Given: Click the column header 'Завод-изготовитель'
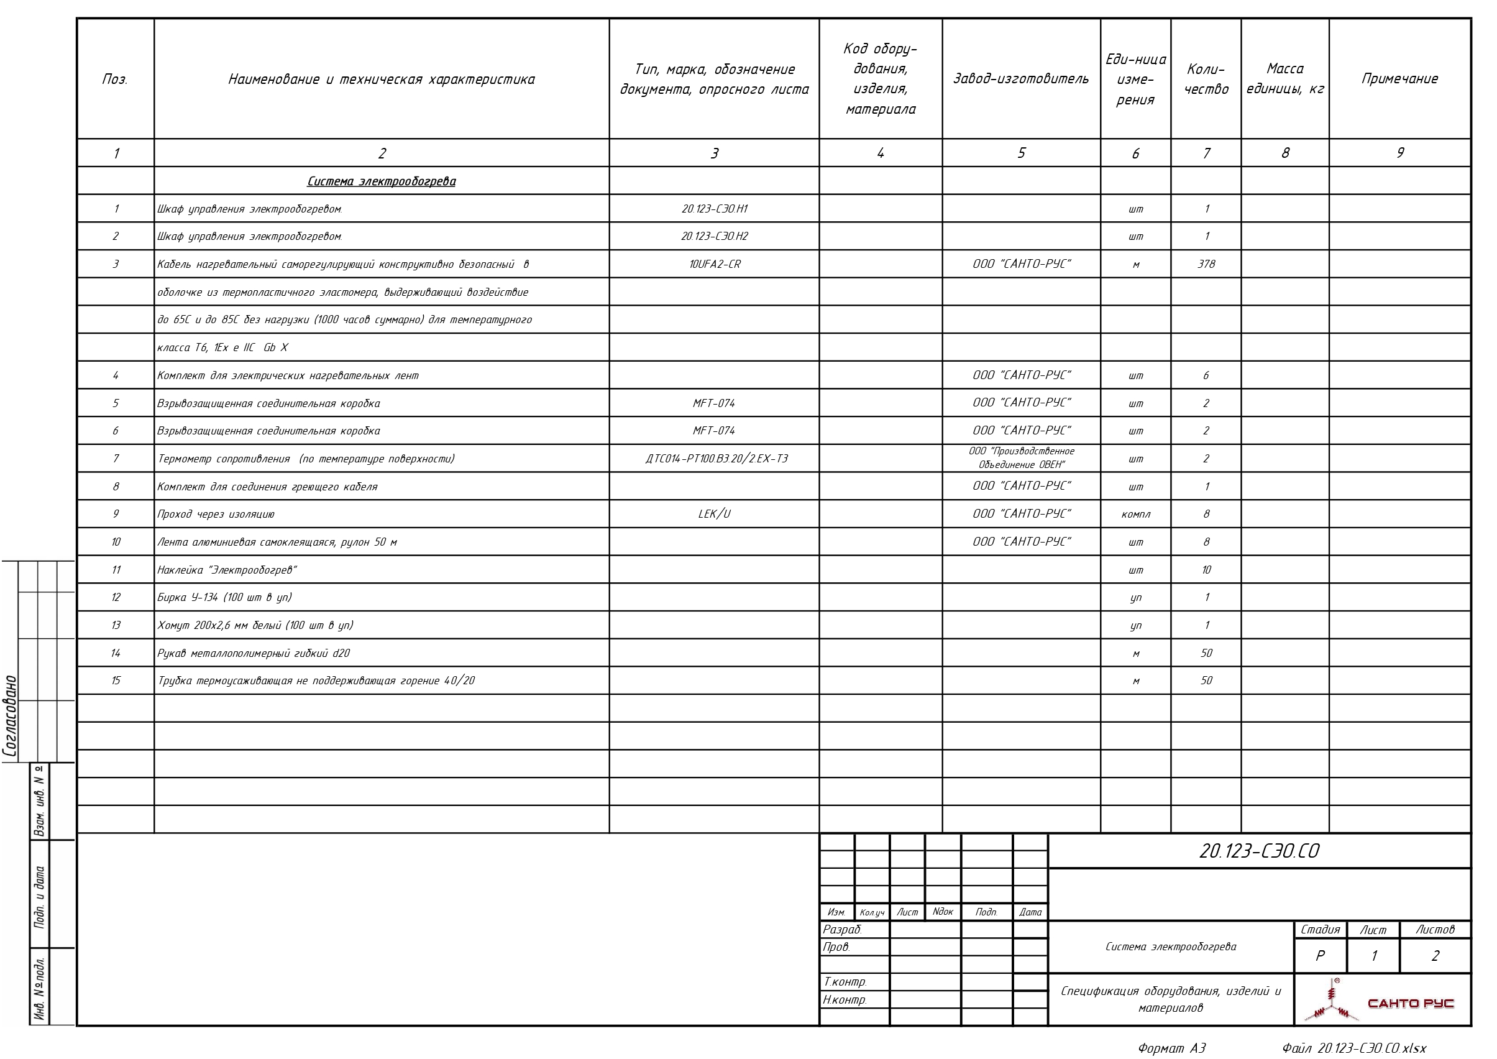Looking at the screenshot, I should [1020, 79].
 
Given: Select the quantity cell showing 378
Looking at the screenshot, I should [1206, 264].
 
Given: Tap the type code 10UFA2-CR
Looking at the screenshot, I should [714, 264].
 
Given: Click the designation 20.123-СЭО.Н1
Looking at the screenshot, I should [714, 209].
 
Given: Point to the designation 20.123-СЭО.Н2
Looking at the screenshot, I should [714, 236].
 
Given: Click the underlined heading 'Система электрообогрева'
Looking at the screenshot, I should [382, 181].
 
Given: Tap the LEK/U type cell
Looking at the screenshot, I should [714, 514].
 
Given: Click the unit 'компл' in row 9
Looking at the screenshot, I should [1135, 514].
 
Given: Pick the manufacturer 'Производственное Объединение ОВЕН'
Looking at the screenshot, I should [1021, 458].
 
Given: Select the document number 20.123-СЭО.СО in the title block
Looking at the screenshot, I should [1258, 851].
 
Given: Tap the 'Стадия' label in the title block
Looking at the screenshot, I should [1320, 929].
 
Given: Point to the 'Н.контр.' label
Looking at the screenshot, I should [845, 999].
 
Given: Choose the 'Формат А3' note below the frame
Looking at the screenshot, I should [1171, 1048].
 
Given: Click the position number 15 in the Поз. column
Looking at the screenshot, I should [116, 681].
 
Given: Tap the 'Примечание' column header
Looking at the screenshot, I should [1399, 79].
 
